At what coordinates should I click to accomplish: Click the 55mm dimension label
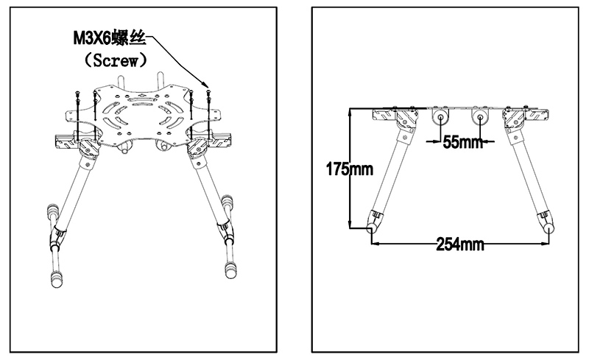(462, 142)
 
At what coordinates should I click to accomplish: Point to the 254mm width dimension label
(460, 244)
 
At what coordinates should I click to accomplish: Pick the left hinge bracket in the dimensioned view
(401, 122)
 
